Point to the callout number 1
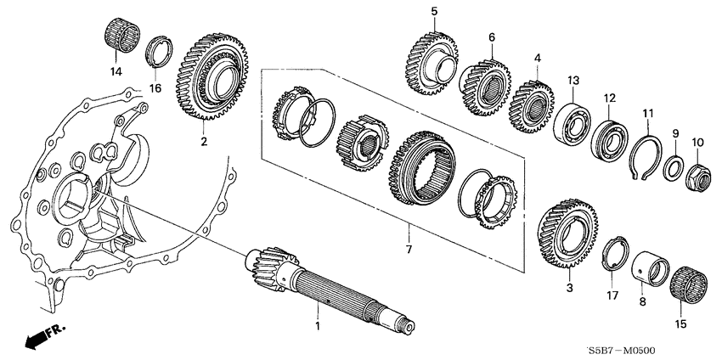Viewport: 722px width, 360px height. [x=317, y=326]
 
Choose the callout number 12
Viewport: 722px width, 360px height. [x=609, y=99]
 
